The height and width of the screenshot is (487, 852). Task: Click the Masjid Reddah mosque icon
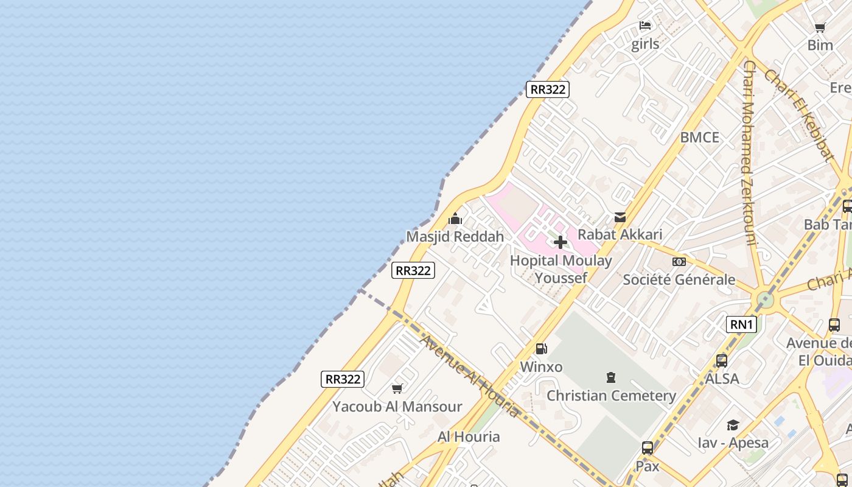tap(455, 219)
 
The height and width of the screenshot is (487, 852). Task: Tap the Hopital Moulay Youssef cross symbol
tap(560, 242)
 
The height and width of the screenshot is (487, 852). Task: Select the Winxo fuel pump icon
tap(541, 349)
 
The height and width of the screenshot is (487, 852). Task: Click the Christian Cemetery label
tap(611, 396)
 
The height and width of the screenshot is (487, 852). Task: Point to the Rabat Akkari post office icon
tap(620, 217)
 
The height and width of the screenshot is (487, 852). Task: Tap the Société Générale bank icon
tap(679, 262)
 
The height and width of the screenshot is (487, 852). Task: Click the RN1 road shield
tap(741, 324)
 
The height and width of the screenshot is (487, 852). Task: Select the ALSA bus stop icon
tap(722, 361)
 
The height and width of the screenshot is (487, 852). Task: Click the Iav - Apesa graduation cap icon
tap(733, 425)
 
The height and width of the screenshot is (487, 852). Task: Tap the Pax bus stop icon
tap(648, 449)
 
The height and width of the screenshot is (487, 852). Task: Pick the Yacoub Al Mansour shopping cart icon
tap(397, 388)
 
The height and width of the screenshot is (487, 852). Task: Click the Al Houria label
tap(469, 436)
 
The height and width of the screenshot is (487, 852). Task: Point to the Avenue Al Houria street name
tap(470, 376)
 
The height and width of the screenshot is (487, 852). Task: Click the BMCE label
tap(699, 138)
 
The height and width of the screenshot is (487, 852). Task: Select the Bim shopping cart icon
tap(820, 27)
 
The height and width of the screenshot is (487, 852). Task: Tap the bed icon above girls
tap(645, 26)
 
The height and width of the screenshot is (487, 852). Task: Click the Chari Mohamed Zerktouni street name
tap(749, 152)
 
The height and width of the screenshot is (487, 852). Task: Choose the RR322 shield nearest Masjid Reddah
tap(413, 270)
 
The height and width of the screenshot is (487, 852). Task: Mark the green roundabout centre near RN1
tap(764, 300)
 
